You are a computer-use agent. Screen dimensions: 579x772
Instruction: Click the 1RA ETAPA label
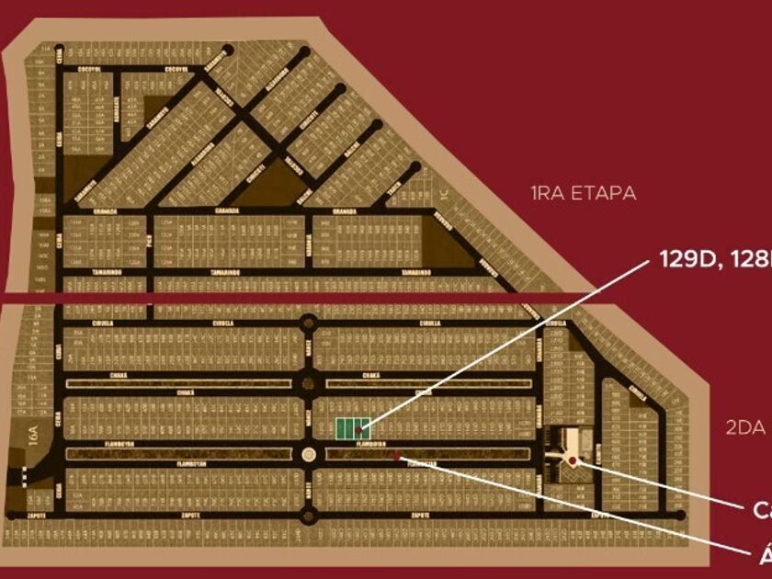click(x=584, y=193)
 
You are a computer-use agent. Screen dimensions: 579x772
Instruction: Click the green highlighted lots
click(x=353, y=426)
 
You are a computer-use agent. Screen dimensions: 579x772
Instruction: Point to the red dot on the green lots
click(x=357, y=429)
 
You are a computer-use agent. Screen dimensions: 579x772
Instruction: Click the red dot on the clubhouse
click(x=573, y=460)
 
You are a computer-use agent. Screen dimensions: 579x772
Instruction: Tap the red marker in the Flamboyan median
click(x=395, y=455)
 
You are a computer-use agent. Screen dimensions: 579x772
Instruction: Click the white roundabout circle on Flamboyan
click(x=309, y=454)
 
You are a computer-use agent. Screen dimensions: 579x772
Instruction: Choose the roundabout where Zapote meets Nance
click(x=309, y=515)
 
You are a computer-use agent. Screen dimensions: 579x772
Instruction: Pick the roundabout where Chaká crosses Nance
click(x=309, y=382)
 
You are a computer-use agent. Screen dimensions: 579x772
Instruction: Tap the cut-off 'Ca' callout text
click(x=761, y=510)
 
